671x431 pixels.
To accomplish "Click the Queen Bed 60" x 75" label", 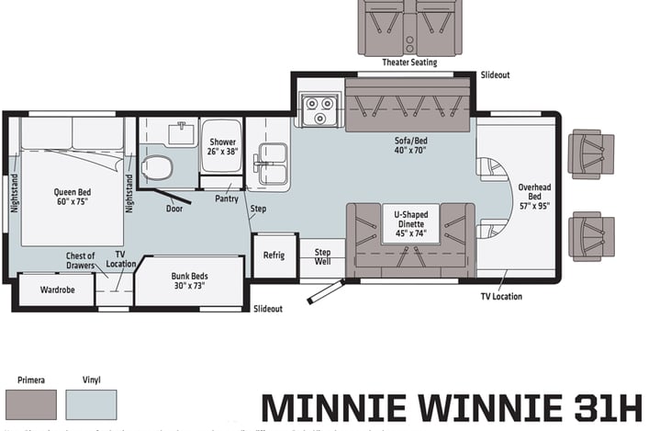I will pos(70,197).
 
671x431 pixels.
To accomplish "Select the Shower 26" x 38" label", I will pos(221,146).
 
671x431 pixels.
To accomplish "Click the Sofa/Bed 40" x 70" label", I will pos(410,146).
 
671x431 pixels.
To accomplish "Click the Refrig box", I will pos(274,255).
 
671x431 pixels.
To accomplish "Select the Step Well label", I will pos(322,256).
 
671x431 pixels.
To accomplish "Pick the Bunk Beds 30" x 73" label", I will pos(189,279).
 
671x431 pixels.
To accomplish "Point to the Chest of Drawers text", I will pos(80,261).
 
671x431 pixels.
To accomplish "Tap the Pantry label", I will pos(226,198).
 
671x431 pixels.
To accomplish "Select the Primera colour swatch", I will pos(30,404).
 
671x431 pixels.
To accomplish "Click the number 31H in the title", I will pos(604,406).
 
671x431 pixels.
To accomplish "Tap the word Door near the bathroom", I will pos(174,209).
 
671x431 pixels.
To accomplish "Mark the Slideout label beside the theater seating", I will pos(495,74).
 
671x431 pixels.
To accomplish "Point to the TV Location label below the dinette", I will pos(501,296).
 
